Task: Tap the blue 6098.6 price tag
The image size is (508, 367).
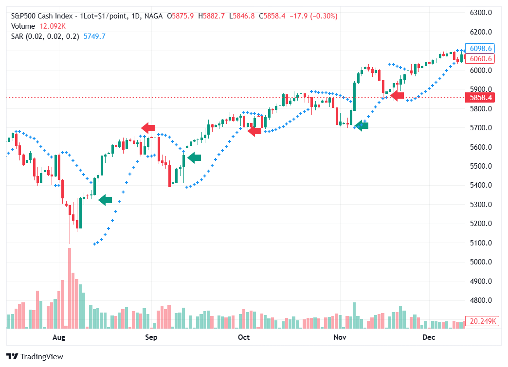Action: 480,49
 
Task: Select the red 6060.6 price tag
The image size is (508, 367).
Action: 480,59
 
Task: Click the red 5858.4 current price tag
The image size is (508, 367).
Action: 480,98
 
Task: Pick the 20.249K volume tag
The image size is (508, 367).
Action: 480,321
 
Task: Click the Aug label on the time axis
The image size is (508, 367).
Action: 58,337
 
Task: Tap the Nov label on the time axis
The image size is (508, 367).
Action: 340,337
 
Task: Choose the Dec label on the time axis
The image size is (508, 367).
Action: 429,337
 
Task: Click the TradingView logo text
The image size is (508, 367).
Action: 42,357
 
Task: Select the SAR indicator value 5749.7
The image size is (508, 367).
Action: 94,36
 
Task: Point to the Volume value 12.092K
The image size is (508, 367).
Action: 53,26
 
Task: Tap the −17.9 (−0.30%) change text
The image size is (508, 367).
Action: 313,16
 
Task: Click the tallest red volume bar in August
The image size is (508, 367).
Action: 70,288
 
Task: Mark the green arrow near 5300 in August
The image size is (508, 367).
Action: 105,200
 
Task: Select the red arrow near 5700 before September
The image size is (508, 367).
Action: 148,128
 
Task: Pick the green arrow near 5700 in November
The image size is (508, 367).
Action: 362,126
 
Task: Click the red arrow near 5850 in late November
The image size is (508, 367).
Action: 397,96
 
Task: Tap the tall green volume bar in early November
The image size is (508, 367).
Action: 354,315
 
